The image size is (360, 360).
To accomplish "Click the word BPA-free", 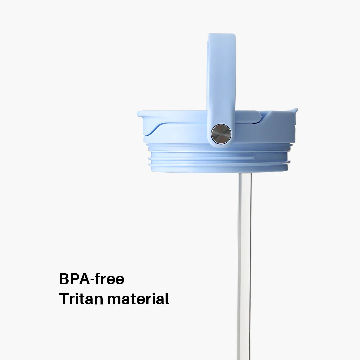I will (x=92, y=279).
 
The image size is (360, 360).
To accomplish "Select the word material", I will (x=138, y=299).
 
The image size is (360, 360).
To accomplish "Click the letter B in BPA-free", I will (x=64, y=279).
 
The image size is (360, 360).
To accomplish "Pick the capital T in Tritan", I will (x=64, y=299).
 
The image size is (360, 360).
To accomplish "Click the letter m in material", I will (x=113, y=300).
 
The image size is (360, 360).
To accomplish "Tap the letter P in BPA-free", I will (x=74, y=279).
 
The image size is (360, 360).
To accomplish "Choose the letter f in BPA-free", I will (x=98, y=279).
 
